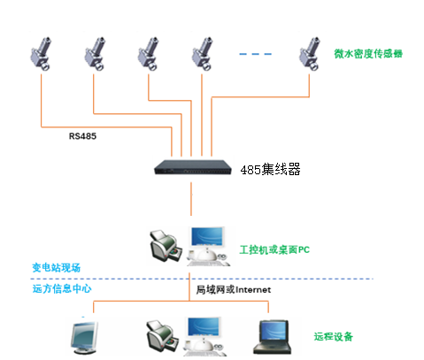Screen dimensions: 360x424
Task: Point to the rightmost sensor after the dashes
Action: [x=309, y=51]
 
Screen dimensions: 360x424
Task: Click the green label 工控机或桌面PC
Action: [x=274, y=249]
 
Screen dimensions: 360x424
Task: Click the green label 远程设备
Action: [x=333, y=336]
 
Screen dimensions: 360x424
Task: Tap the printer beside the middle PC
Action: [x=166, y=243]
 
